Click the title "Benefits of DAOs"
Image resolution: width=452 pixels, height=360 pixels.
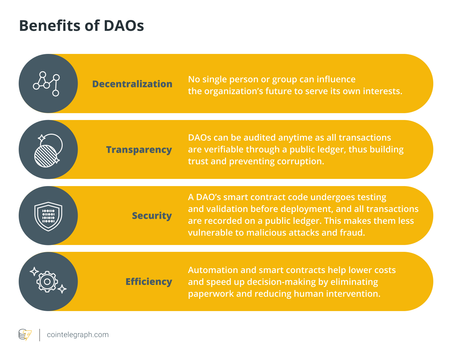81,26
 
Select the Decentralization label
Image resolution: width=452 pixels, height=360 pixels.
132,84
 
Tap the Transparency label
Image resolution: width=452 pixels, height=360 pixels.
139,150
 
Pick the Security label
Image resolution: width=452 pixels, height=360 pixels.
152,216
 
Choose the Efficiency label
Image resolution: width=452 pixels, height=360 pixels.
149,282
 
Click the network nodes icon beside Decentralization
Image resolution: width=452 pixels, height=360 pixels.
47,84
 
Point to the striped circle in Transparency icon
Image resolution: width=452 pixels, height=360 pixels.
46,156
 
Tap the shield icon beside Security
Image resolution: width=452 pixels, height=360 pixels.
48,216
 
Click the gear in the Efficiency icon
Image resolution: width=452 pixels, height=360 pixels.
47,282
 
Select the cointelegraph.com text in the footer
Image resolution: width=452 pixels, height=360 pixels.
78,335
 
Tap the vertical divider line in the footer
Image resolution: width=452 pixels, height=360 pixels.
40,335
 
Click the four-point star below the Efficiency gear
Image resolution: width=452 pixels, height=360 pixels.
62,289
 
